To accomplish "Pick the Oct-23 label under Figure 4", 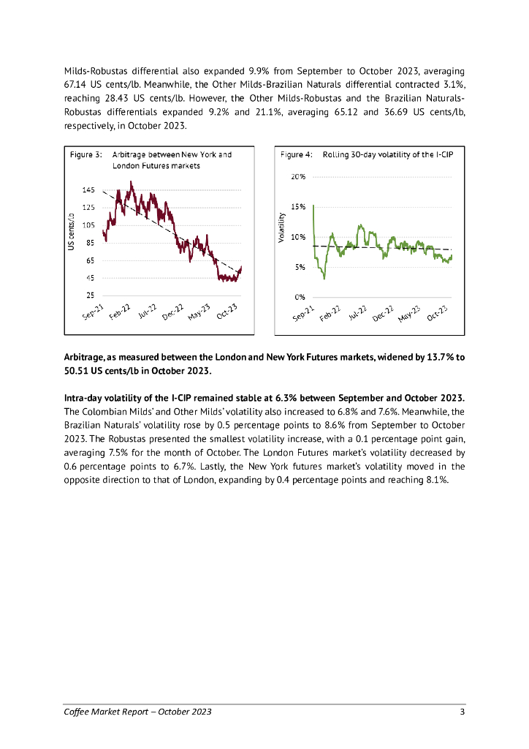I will coord(436,314).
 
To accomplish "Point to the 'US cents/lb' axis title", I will coord(72,233).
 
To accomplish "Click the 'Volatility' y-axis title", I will coord(281,227).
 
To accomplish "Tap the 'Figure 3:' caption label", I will coord(85,155).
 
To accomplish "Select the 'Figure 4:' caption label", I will coord(297,155).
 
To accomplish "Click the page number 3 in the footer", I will coord(462,712).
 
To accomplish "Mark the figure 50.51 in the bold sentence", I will coord(78,372).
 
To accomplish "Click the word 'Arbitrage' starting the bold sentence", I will coord(84,358).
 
